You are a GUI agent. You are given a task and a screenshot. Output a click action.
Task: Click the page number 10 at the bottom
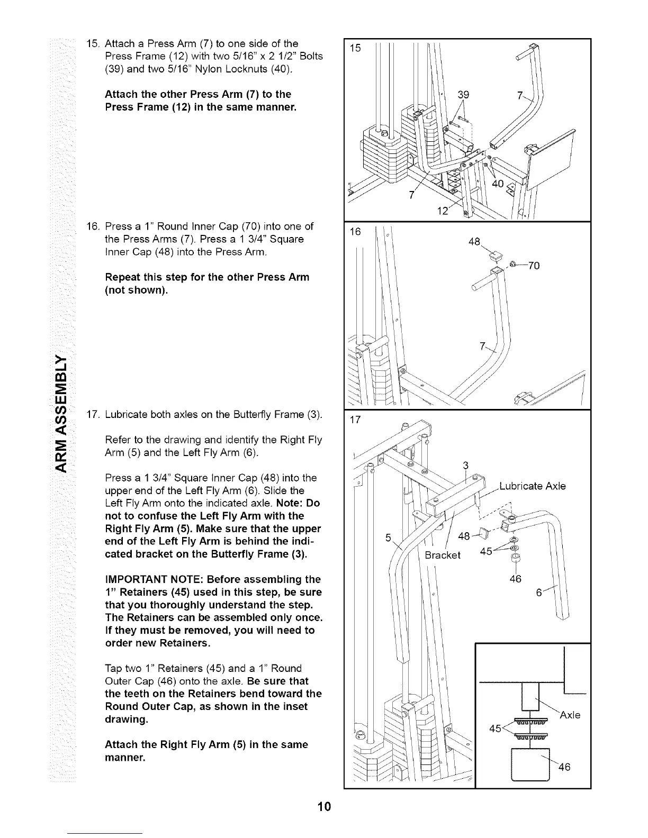(324, 807)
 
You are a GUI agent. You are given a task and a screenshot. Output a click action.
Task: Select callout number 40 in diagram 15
(498, 184)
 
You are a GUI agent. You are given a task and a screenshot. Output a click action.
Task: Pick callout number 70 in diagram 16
(534, 266)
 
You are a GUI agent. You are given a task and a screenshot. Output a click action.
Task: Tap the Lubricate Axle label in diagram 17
(533, 486)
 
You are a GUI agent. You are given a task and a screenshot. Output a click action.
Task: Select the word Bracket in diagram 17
(443, 555)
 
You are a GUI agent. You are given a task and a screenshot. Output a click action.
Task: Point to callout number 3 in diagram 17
(466, 466)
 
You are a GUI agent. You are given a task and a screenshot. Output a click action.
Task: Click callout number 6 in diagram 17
(539, 593)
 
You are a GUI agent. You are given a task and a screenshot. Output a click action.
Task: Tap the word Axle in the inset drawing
(571, 715)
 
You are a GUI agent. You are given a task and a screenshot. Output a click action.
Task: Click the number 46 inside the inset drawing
(564, 768)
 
